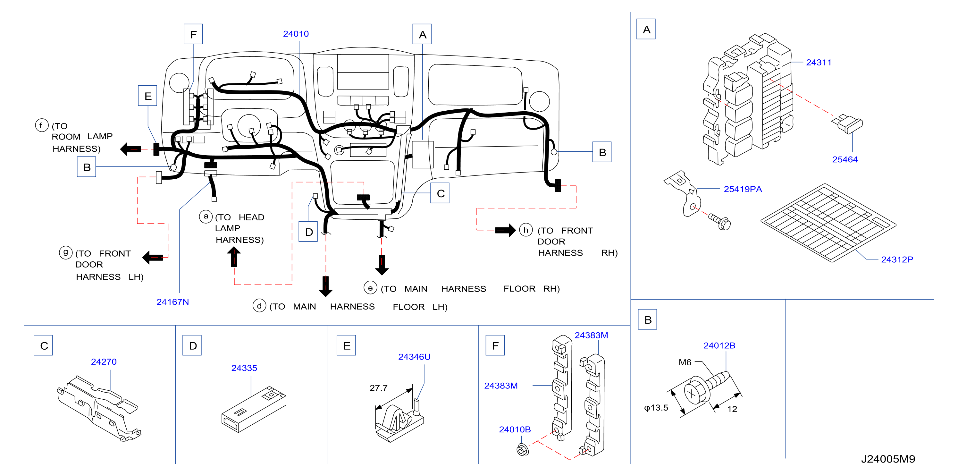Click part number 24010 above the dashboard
click(x=296, y=34)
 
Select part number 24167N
click(x=172, y=302)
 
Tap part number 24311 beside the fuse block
click(x=819, y=63)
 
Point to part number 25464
click(x=845, y=159)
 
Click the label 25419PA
click(x=743, y=189)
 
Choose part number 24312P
click(x=897, y=259)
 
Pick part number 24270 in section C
click(x=104, y=362)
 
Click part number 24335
click(x=244, y=368)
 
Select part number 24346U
click(x=414, y=357)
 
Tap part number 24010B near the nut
click(x=515, y=429)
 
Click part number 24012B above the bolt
click(x=719, y=345)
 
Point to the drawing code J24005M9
click(x=888, y=459)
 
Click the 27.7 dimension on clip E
click(x=378, y=388)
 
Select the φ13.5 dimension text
click(x=656, y=408)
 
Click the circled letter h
click(x=526, y=230)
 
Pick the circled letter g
click(x=66, y=253)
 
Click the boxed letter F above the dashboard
click(x=193, y=34)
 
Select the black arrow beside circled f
click(x=130, y=149)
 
